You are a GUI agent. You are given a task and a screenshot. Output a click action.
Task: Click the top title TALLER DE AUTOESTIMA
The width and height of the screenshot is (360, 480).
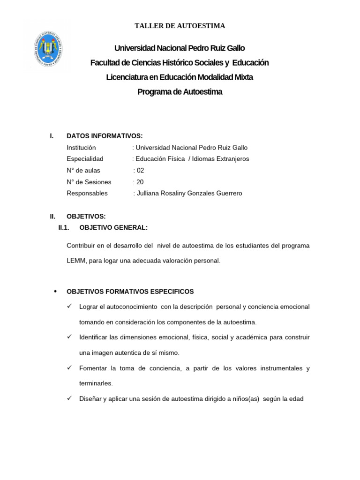tap(180, 26)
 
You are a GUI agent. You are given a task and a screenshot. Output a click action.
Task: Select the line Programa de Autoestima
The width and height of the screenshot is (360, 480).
tap(180, 92)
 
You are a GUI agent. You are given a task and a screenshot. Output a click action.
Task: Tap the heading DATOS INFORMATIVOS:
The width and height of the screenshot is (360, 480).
tap(105, 136)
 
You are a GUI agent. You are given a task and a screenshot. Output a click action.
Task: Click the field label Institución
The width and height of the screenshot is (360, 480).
tap(81, 147)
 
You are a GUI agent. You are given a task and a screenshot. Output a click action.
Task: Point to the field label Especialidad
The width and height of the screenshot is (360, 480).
tap(85, 159)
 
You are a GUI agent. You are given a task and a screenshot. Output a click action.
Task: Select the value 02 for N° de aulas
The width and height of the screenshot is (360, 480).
tap(141, 170)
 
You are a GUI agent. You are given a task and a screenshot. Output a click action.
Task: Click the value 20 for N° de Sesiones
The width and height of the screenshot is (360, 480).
tap(140, 182)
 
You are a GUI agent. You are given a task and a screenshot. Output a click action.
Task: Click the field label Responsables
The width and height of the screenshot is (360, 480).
tap(87, 193)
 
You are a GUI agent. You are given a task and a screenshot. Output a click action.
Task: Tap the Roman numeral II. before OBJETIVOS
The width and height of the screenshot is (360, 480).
tap(52, 216)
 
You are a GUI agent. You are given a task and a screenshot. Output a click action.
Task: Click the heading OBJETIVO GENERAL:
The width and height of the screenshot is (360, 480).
tap(113, 228)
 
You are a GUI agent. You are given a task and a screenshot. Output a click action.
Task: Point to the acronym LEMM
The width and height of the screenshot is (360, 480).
tap(76, 260)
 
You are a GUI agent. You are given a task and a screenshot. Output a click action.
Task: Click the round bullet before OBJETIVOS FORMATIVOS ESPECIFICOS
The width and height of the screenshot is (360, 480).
tap(56, 291)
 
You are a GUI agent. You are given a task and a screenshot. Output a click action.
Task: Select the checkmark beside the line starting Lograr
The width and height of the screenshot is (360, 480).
tap(69, 307)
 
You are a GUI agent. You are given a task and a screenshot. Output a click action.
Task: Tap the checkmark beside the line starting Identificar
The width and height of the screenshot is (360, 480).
tap(69, 337)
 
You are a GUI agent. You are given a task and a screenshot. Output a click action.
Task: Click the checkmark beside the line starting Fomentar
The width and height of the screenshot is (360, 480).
tap(69, 368)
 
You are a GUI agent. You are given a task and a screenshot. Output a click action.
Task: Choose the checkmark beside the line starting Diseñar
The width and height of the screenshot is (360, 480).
tap(69, 398)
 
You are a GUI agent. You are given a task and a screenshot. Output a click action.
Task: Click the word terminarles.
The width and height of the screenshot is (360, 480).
tap(96, 383)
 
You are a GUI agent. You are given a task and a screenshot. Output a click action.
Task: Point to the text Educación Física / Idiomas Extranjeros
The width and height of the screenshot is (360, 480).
tap(192, 159)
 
